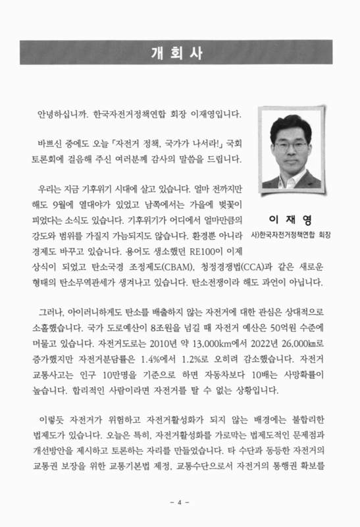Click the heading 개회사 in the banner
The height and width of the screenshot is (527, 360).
[180, 53]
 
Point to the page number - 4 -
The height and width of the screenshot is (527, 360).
[179, 503]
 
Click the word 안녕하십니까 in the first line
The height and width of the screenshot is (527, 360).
[63, 113]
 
